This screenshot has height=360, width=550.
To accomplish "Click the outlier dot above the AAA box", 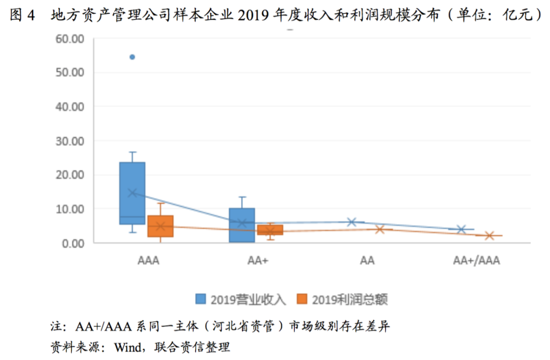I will coord(132,57).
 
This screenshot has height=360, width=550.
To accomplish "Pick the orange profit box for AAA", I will coord(160,226).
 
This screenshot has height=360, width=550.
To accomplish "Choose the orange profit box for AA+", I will coord(270,230).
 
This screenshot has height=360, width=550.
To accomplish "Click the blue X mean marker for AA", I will coord(351,221).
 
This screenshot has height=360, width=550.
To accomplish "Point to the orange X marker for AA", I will coord(379,229).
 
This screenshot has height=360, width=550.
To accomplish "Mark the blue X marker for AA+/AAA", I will coord(461,229).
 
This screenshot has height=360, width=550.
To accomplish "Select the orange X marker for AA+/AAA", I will coord(489,235).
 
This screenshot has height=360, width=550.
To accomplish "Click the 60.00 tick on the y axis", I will coord(70,38).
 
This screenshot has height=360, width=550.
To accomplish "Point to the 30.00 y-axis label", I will coord(70,141).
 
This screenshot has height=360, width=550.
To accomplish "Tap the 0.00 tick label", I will coord(73,243).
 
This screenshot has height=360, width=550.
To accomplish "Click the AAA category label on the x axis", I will coord(148,261).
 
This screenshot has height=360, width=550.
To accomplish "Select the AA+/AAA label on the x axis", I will coord(477,261).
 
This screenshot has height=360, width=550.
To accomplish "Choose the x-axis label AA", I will coord(367,261).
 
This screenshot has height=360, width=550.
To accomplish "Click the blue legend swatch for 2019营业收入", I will coord(202,299).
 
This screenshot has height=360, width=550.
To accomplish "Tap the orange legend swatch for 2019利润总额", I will coord(302,299).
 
